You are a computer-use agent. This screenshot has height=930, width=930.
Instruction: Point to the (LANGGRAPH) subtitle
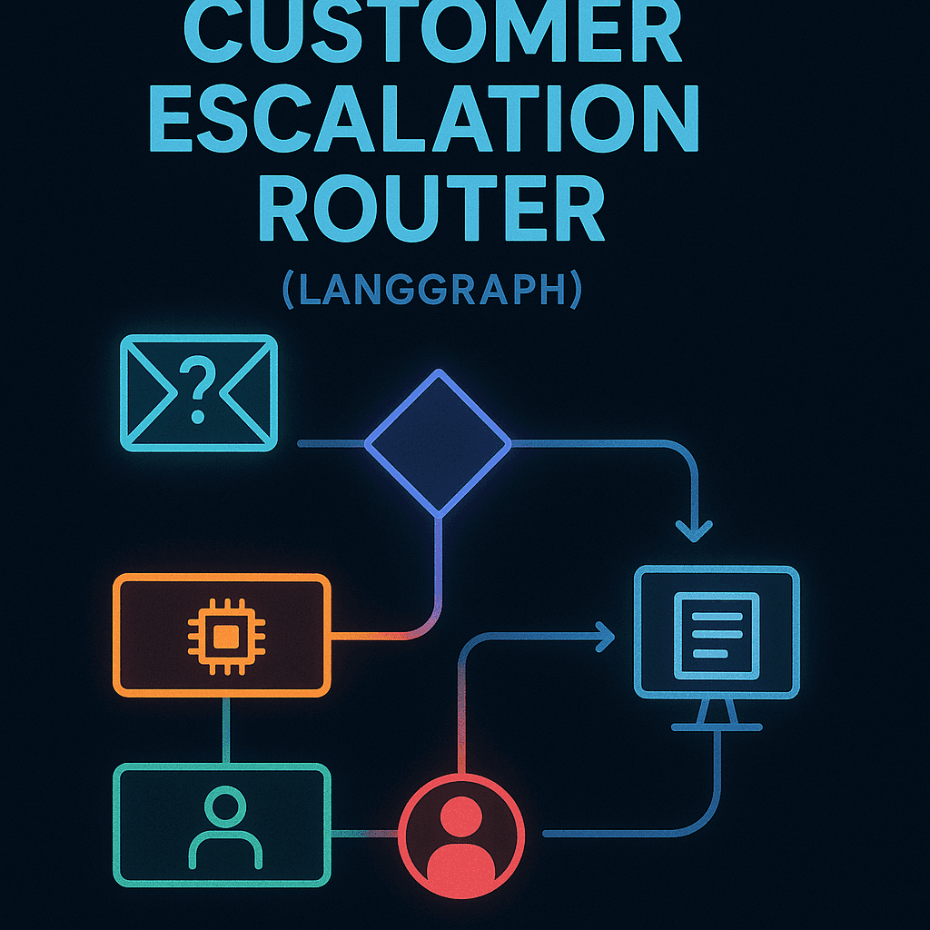(430, 292)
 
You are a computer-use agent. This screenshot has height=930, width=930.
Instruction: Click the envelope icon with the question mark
(199, 392)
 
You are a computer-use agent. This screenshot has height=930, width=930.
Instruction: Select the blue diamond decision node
(439, 443)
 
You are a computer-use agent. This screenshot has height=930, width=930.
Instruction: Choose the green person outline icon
(224, 826)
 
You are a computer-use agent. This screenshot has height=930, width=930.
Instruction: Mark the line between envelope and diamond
(331, 443)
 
